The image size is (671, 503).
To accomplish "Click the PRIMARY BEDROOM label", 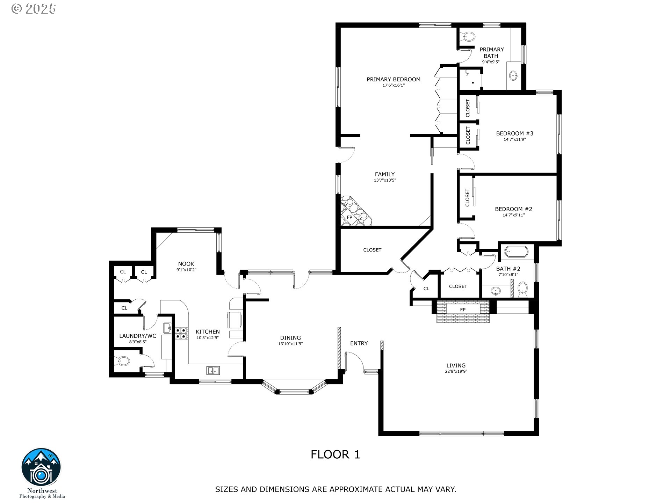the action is (x=394, y=79).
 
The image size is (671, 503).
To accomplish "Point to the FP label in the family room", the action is (x=349, y=217).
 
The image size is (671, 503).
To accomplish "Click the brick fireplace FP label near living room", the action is (x=463, y=309).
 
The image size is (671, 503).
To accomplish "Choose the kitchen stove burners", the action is (x=181, y=333).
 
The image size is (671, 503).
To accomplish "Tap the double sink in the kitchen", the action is (x=213, y=370).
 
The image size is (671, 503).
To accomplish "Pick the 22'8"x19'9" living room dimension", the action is (x=456, y=371).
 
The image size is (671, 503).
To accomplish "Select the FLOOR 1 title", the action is (x=335, y=454).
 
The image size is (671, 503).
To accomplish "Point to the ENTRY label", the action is (x=359, y=343).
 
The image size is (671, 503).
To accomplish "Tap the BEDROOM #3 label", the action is (x=515, y=133).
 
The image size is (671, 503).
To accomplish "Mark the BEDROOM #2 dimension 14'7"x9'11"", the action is (x=514, y=215).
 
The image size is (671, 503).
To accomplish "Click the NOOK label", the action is (x=186, y=264).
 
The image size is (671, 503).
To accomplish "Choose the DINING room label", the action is (x=290, y=338).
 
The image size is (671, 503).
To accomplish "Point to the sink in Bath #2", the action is (x=496, y=291).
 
